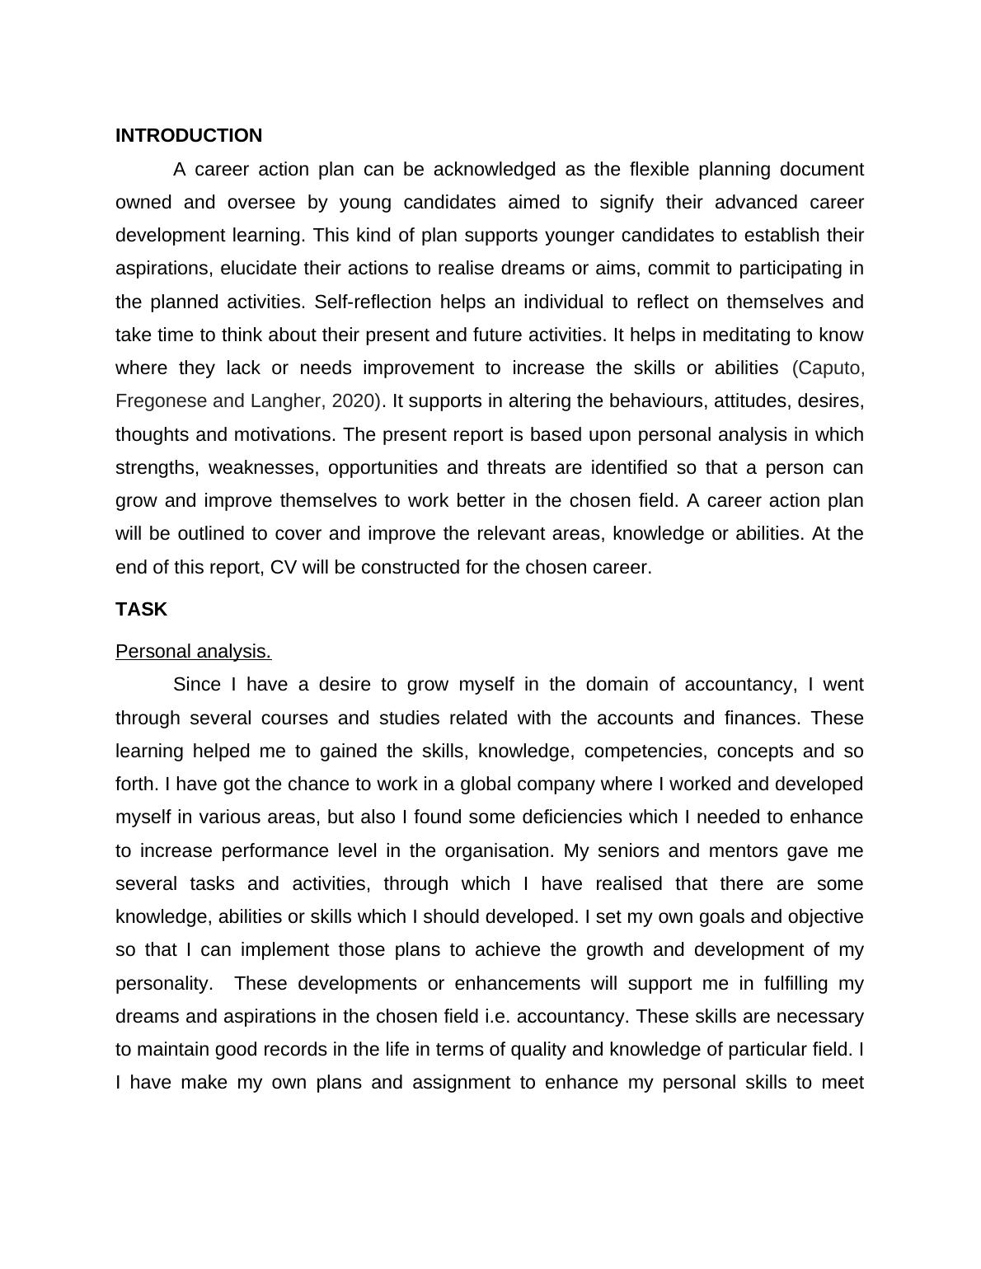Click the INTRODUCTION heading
coord(189,136)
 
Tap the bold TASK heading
coord(141,610)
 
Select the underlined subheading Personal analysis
coord(193,652)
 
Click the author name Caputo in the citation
coord(828,368)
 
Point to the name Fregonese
coord(161,401)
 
